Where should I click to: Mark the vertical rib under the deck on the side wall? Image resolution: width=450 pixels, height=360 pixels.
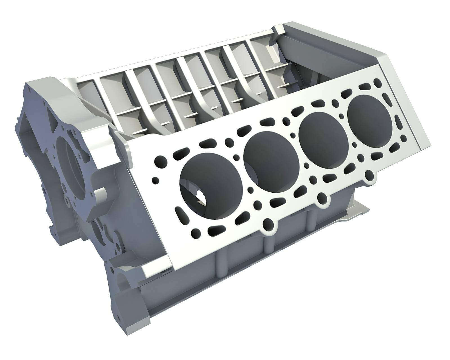pyautogui.click(x=221, y=263)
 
